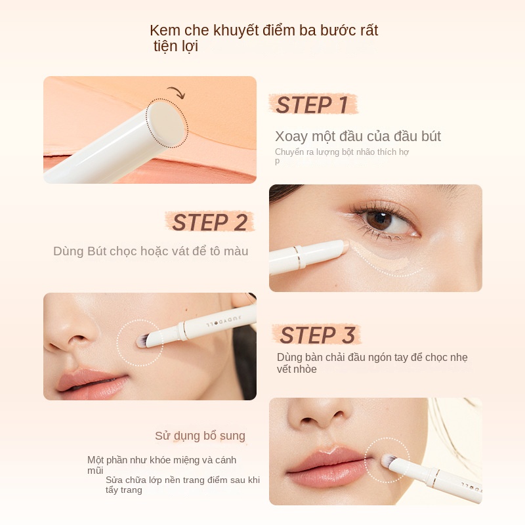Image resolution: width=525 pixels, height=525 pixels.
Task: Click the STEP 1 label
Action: [x=312, y=105]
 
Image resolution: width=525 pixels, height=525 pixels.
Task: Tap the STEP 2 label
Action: [x=209, y=222]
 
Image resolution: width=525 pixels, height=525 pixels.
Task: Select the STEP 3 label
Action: [x=317, y=335]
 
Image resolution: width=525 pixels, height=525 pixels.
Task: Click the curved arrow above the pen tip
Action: [x=175, y=93]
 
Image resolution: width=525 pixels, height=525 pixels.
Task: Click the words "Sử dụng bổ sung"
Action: [x=200, y=436]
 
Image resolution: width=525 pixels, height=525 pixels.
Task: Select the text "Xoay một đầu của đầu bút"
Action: [x=358, y=136]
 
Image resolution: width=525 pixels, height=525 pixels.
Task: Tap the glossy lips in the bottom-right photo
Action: [x=328, y=466]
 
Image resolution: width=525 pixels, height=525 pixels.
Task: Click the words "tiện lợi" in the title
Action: [x=175, y=47]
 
